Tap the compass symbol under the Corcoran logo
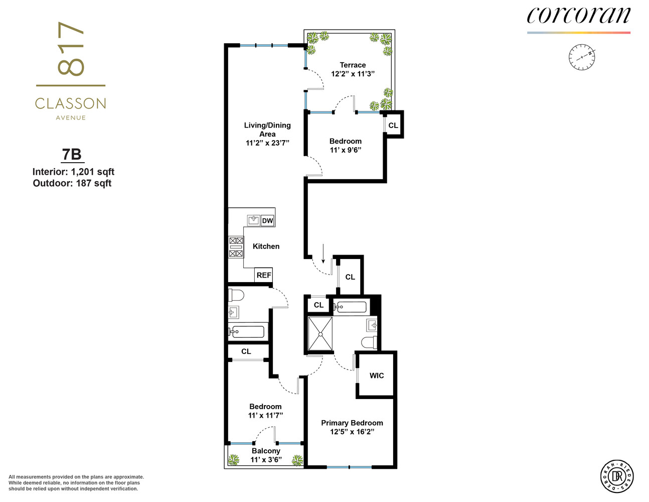[581, 57]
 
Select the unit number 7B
[72, 154]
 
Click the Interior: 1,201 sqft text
[73, 172]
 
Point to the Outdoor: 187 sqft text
[72, 183]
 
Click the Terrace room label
[353, 65]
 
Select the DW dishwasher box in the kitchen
[267, 220]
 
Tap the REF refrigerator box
[264, 275]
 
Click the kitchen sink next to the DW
[254, 220]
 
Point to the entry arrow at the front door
[323, 254]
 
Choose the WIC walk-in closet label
[377, 375]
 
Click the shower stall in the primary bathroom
[320, 333]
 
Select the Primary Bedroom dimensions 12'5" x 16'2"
[352, 432]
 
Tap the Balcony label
[266, 451]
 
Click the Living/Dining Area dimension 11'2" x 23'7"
[267, 143]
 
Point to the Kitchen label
[266, 246]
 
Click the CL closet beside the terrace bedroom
[393, 125]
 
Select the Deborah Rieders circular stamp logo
[617, 475]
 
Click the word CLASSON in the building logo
[70, 104]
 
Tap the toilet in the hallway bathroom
[236, 294]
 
